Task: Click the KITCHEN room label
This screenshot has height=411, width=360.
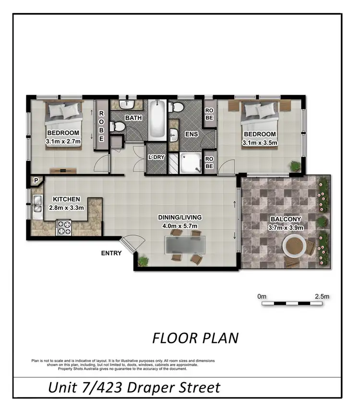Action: [66, 199]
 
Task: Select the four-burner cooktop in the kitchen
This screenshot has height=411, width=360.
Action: [64, 227]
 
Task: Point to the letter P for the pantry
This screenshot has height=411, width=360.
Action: [36, 181]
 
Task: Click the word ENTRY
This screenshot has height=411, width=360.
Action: [111, 254]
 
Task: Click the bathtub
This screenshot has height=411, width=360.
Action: [157, 120]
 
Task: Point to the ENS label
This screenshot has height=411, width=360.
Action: [192, 135]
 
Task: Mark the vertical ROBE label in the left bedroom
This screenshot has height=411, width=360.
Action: [102, 126]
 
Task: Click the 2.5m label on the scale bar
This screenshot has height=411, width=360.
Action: [322, 297]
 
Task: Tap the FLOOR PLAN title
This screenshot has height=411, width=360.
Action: [195, 338]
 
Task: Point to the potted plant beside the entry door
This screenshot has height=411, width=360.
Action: [143, 262]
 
